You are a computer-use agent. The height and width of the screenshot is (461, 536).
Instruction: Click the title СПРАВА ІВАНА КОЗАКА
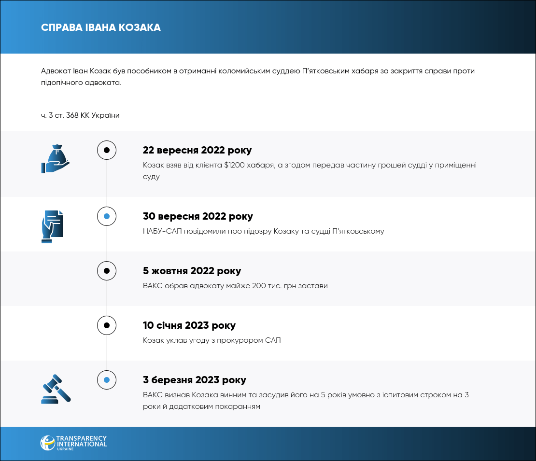tap(101, 28)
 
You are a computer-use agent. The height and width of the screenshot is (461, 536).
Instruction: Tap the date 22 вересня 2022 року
tap(197, 150)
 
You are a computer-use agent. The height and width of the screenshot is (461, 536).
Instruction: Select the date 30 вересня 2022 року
tap(197, 216)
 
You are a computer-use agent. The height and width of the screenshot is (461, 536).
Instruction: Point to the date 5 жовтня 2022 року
tap(192, 271)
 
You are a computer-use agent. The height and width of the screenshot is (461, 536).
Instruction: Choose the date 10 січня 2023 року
tap(189, 325)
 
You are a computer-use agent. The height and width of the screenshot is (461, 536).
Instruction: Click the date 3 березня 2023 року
tap(194, 380)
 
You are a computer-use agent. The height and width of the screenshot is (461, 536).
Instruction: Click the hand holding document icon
tap(52, 226)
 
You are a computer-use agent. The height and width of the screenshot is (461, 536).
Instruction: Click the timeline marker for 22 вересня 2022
tap(107, 150)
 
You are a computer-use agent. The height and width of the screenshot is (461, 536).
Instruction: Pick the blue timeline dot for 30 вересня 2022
tap(107, 216)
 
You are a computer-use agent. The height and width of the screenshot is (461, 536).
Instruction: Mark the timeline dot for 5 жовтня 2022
tap(107, 271)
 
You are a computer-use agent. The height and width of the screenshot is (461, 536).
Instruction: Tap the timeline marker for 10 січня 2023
tap(107, 325)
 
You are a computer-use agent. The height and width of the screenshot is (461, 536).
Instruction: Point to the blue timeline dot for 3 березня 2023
tap(107, 380)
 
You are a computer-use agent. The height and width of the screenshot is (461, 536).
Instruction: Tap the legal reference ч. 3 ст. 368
tap(62, 115)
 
